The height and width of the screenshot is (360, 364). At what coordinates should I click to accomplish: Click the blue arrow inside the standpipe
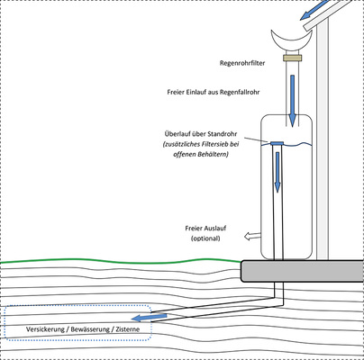coord(278,171)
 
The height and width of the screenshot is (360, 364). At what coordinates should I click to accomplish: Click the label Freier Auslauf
coord(211,229)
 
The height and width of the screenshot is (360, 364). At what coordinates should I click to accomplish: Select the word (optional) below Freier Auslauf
coord(206,239)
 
